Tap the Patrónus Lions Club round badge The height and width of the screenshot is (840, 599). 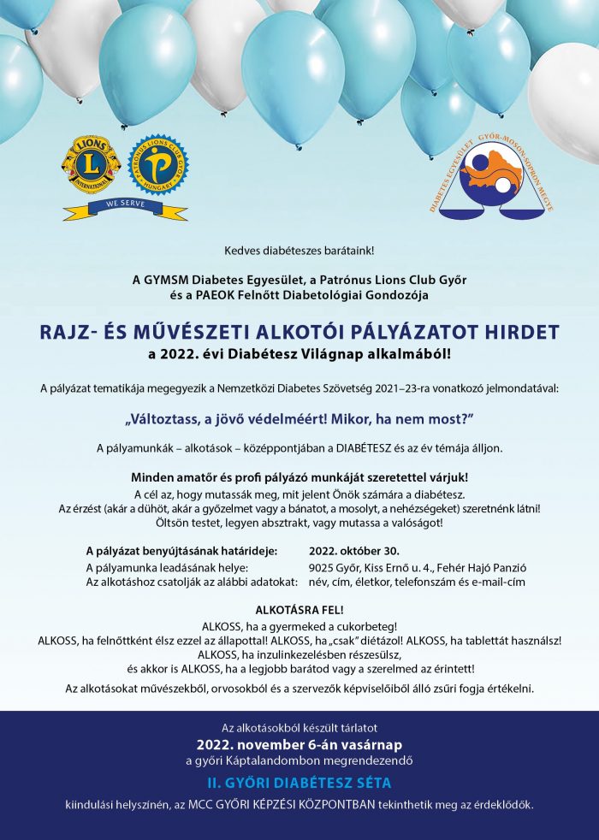point(158,164)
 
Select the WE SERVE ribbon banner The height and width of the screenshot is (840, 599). point(124,205)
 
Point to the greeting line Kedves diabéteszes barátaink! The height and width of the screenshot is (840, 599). point(299,251)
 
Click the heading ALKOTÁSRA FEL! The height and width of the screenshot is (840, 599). point(299,610)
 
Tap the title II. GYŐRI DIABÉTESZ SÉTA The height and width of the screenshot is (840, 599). point(299,783)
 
